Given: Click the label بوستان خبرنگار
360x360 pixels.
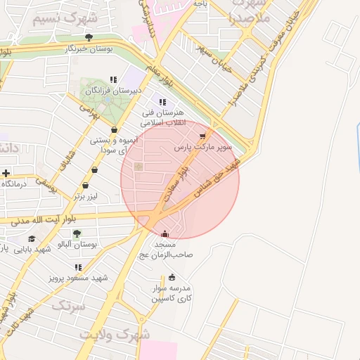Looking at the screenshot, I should [x=88, y=49].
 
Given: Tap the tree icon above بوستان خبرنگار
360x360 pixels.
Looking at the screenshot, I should [x=88, y=37].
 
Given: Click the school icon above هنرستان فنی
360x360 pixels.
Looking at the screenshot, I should [x=162, y=102].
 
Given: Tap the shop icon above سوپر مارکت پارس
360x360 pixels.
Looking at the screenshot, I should [x=203, y=136].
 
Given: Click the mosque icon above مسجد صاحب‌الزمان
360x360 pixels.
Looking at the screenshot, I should [x=165, y=234].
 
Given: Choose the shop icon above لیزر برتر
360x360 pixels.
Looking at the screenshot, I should [x=86, y=185].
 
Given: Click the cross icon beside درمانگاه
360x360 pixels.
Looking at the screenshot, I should [x=6, y=173].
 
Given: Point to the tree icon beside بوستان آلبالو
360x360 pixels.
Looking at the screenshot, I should [x=77, y=233].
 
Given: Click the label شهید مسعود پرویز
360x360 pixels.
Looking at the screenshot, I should [x=77, y=278].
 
